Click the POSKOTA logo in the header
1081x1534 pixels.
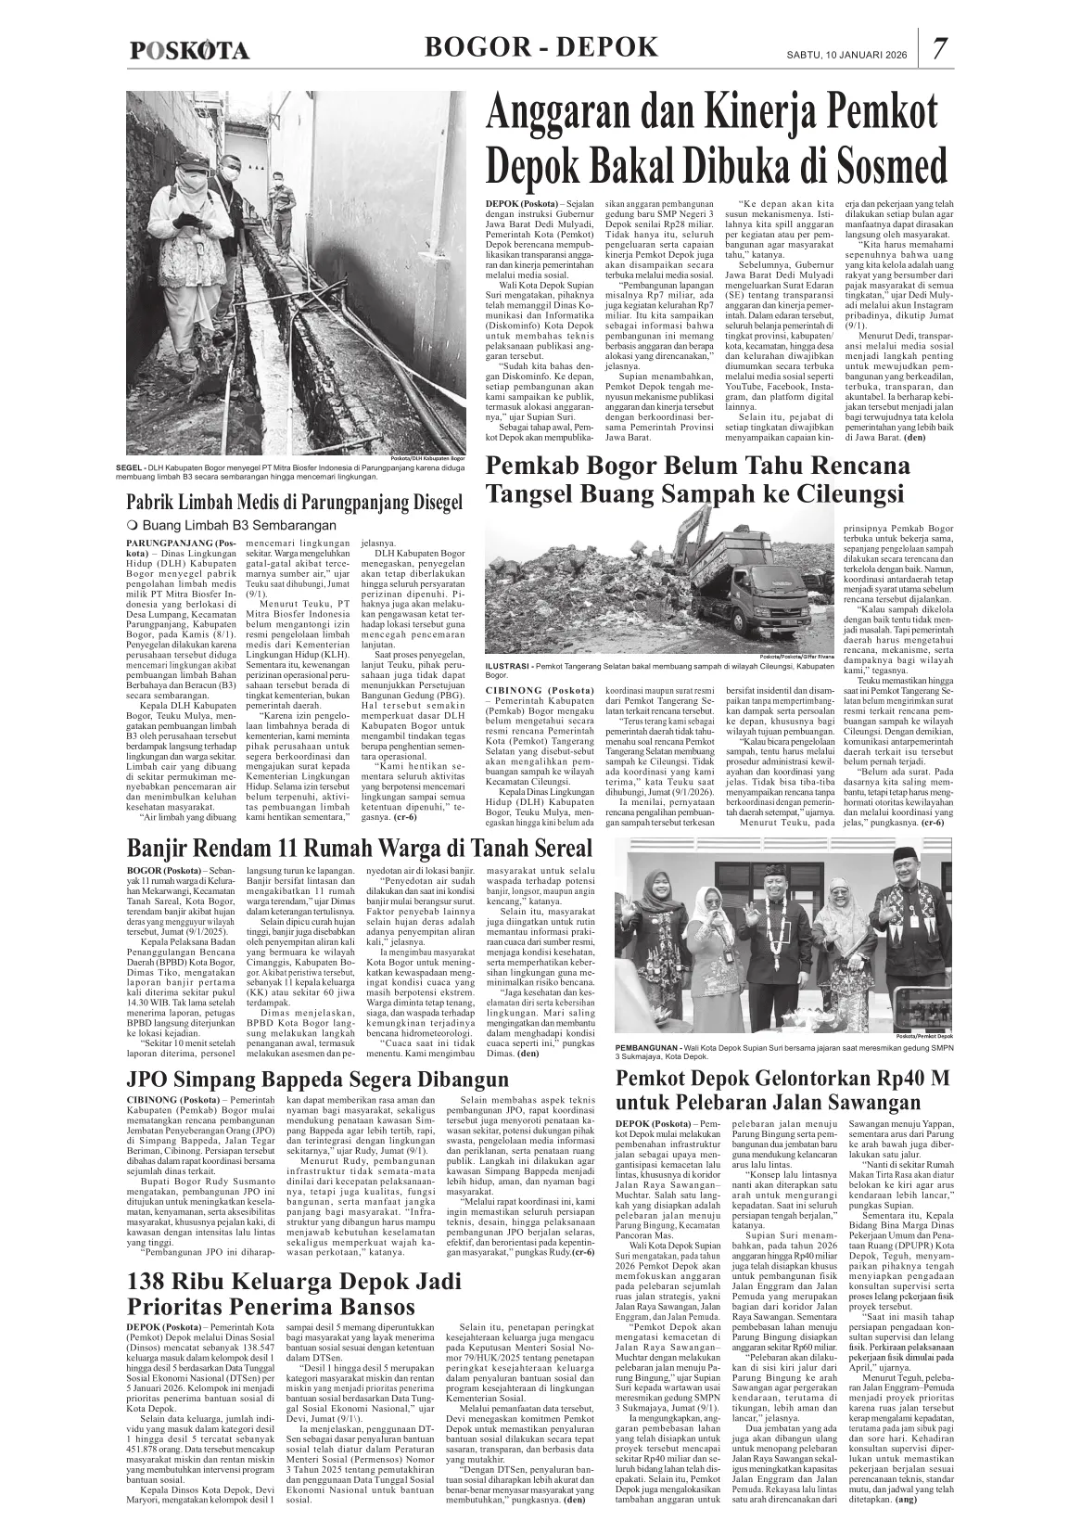[x=189, y=51]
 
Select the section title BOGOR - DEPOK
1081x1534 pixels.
[x=540, y=47]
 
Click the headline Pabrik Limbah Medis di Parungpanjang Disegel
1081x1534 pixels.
[x=294, y=504]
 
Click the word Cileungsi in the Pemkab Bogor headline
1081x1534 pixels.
[x=839, y=493]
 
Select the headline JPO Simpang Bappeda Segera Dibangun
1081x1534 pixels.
[x=317, y=1080]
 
